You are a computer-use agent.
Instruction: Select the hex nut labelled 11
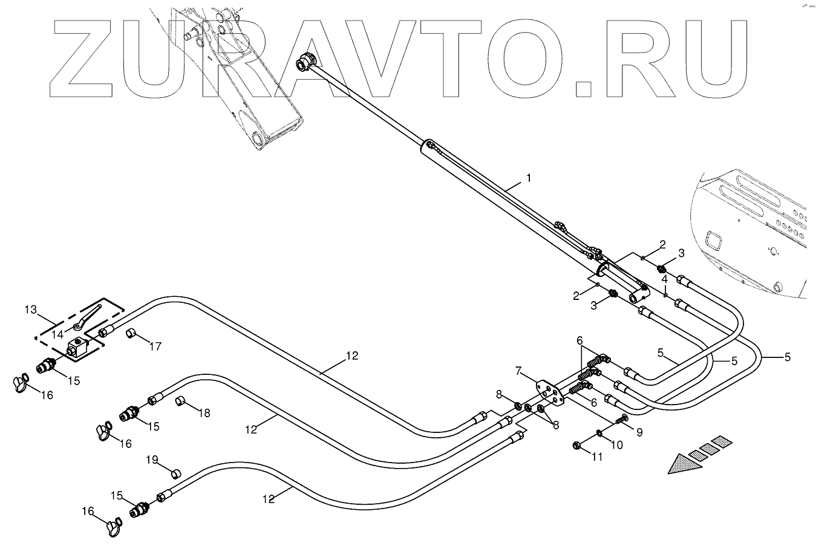point(576,446)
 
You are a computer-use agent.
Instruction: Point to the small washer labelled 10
point(598,432)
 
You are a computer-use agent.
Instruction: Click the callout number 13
point(30,310)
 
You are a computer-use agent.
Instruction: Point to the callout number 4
point(664,279)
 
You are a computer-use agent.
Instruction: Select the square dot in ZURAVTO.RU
point(584,89)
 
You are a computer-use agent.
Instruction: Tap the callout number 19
point(151,460)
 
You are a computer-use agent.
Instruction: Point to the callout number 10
point(616,444)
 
